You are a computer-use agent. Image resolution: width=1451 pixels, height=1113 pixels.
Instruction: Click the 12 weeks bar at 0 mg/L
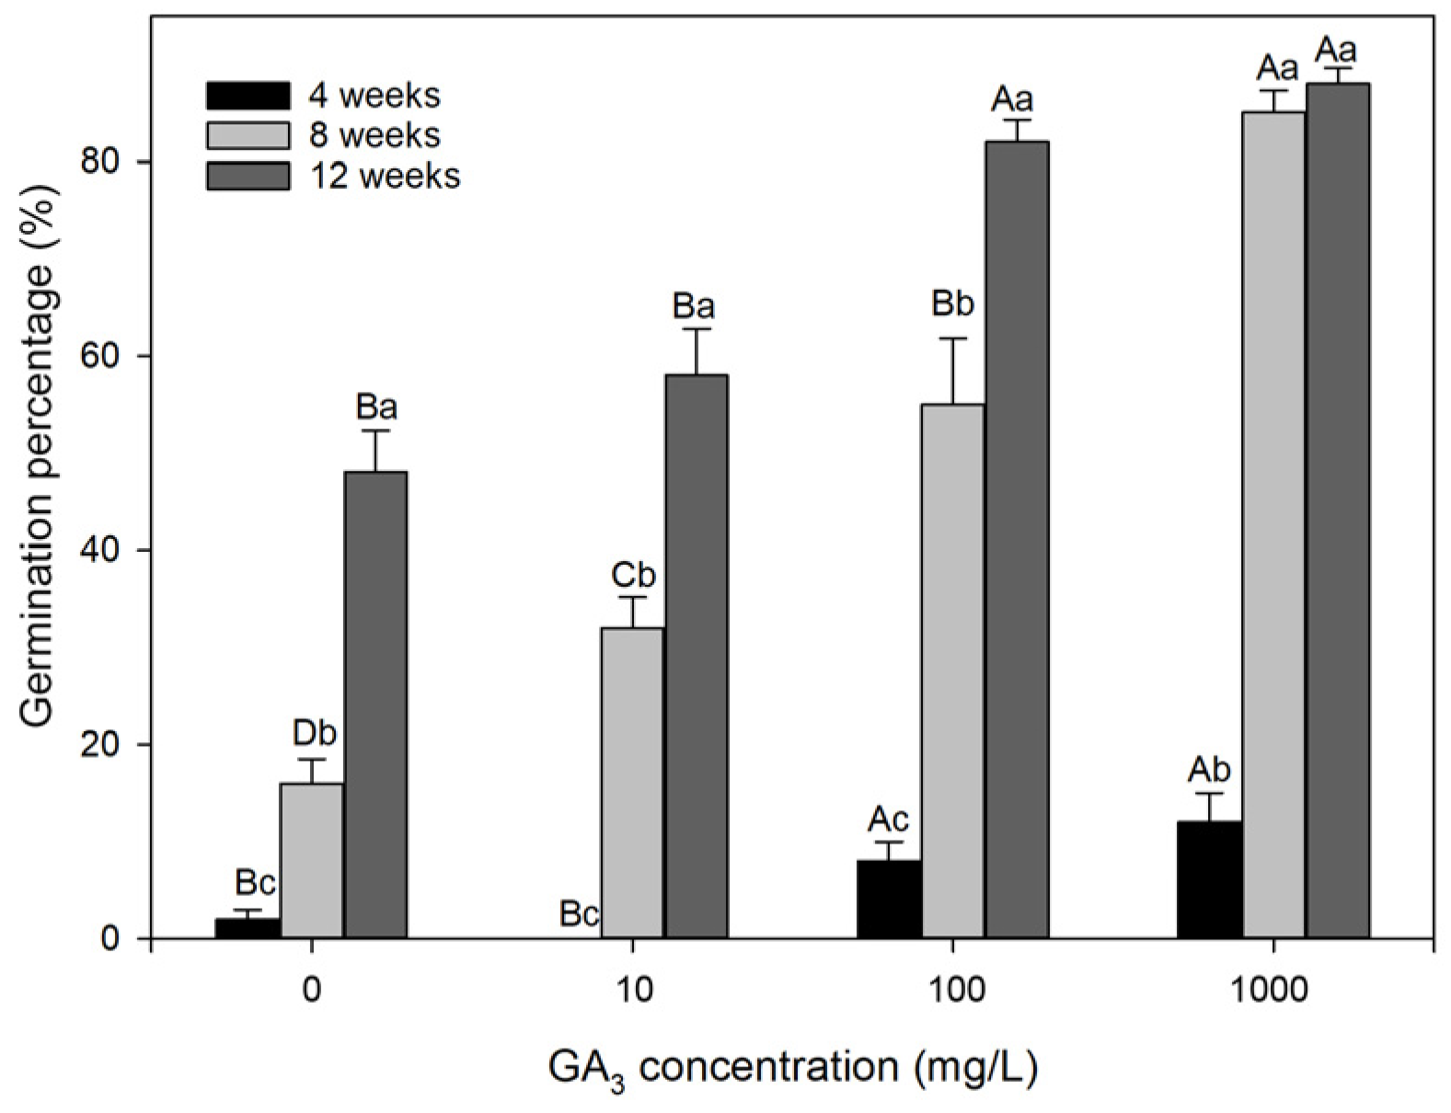tap(375, 705)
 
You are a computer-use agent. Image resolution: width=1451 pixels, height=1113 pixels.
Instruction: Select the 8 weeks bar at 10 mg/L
tap(632, 782)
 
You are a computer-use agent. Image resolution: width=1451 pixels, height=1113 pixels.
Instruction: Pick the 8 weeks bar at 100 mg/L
tap(952, 671)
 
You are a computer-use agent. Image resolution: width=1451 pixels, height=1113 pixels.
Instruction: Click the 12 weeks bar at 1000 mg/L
tap(1338, 511)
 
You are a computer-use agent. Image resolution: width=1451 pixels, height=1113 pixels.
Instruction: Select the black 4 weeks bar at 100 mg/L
tap(889, 899)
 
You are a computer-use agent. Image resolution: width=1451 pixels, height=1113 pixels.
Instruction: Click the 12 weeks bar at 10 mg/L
tap(697, 656)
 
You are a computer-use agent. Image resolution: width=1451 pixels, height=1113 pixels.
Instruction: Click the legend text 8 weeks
tap(374, 135)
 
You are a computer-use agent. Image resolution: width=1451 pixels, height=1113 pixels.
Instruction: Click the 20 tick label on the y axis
tap(118, 744)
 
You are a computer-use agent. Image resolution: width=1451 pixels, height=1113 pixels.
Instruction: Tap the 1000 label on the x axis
tap(1273, 991)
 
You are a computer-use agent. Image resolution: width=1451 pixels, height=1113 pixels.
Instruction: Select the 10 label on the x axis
tap(632, 991)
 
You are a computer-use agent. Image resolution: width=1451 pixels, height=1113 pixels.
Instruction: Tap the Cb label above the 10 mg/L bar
tap(633, 575)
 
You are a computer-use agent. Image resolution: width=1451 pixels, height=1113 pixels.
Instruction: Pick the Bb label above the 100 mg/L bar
tap(952, 304)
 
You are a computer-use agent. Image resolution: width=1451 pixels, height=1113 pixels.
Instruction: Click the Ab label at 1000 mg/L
tap(1209, 770)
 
